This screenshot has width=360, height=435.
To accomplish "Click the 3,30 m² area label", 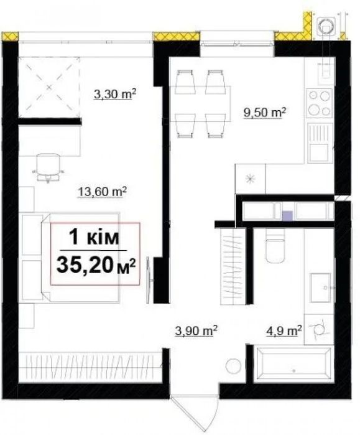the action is (115, 94).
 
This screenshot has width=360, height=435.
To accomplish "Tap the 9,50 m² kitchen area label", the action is (265, 113).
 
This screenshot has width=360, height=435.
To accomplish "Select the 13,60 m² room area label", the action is (102, 192).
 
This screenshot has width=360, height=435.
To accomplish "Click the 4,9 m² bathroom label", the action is (284, 331).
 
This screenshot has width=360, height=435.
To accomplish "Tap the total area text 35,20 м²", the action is (96, 265).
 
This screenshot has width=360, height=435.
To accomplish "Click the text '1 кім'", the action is (94, 238).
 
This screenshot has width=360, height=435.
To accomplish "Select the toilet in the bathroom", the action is (275, 246).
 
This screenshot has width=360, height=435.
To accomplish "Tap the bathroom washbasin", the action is (320, 288).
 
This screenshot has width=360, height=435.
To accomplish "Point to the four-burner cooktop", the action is (320, 103).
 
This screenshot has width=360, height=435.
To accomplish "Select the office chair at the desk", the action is (48, 168).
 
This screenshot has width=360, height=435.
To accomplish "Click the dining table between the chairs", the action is (200, 104).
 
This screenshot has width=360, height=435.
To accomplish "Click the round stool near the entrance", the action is (233, 366).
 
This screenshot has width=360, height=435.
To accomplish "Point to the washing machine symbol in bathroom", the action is (319, 330).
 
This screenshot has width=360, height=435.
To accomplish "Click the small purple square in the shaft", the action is (287, 216).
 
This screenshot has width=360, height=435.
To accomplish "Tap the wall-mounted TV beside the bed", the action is (149, 280).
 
